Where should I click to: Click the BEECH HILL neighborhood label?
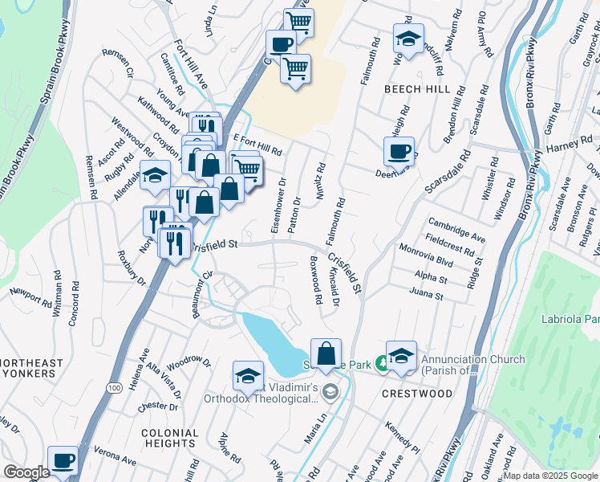[417, 89]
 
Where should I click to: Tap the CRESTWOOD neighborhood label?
[416, 394]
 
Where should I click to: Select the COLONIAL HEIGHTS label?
[169, 438]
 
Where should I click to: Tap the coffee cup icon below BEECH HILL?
[399, 150]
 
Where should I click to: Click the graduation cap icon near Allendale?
[154, 176]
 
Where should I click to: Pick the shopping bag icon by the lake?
[326, 353]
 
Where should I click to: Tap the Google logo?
[26, 472]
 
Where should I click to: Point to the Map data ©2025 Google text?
[550, 476]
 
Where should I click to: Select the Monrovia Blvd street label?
[426, 256]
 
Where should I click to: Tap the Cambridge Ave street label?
[456, 230]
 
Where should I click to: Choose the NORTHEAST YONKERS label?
[32, 369]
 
